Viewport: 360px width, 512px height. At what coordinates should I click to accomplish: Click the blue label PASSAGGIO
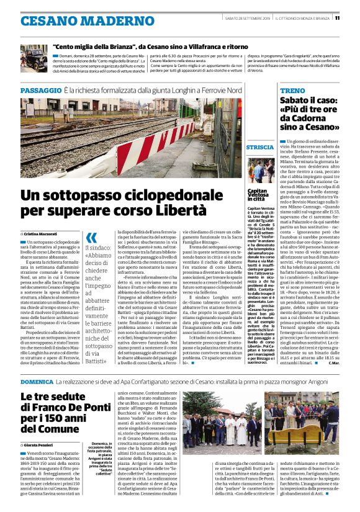40,91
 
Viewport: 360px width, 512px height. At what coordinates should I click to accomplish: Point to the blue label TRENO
292,91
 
